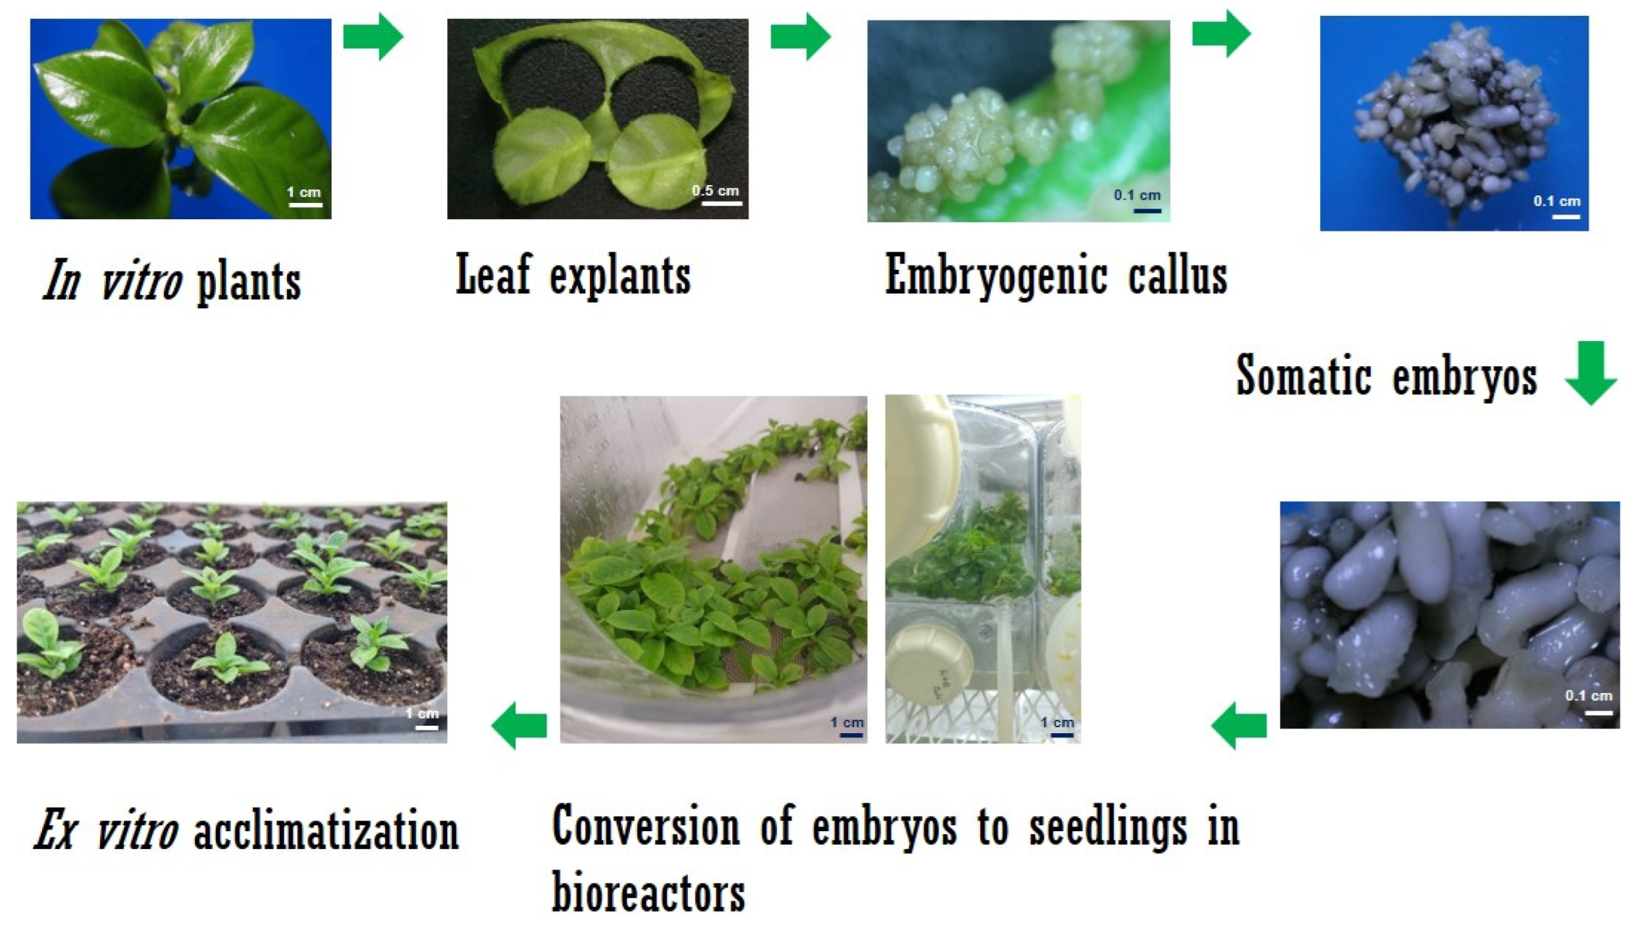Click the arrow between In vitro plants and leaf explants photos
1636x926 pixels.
click(372, 36)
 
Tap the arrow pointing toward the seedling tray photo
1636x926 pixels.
click(519, 725)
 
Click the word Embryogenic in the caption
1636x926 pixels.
click(982, 275)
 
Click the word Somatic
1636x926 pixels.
click(1304, 375)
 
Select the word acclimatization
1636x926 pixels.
click(326, 831)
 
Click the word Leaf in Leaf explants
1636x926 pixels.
click(492, 274)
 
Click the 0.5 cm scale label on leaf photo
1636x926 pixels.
click(715, 191)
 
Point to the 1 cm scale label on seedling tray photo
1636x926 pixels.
click(421, 713)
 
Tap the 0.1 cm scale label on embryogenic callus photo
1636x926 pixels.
click(1137, 196)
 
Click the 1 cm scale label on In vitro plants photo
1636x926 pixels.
click(303, 192)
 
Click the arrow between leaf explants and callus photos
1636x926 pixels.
click(800, 36)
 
